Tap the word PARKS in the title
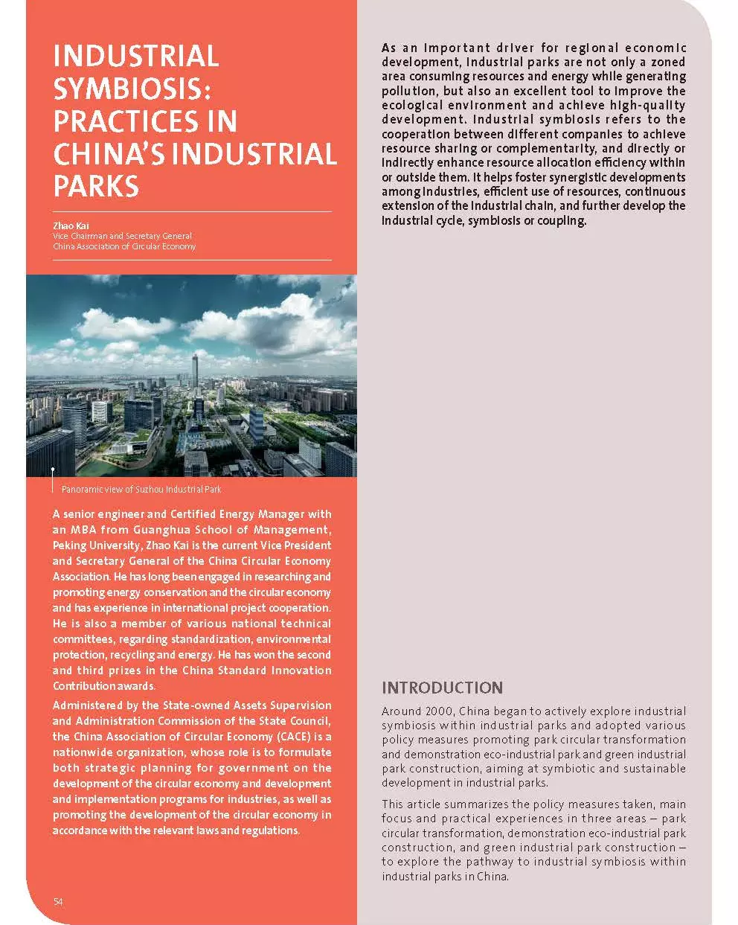96,186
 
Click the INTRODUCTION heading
442,688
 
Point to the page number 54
58,902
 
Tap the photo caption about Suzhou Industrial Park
141,490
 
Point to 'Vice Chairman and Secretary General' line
122,236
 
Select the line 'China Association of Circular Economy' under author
124,246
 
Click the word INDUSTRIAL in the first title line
135,57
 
